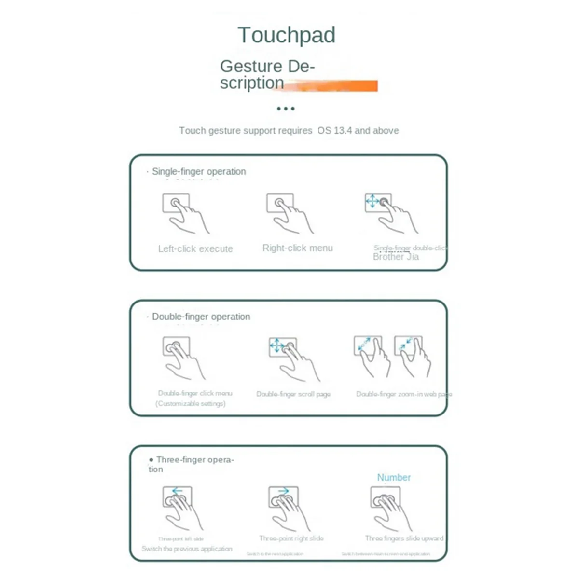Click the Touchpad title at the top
[286, 35]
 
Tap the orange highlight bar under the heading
[338, 86]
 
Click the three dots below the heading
[286, 109]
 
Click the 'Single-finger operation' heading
[199, 171]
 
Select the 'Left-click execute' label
[195, 249]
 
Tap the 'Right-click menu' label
[298, 248]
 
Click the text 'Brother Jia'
[396, 257]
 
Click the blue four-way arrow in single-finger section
[372, 201]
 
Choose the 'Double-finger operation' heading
[201, 317]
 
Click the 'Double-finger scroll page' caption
[293, 394]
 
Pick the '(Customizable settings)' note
[191, 403]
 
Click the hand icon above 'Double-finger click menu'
[181, 357]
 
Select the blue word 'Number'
[394, 477]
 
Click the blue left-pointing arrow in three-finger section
[178, 491]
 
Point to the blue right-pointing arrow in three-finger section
[283, 491]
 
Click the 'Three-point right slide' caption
[291, 538]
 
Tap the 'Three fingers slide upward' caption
[404, 538]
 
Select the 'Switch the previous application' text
[187, 549]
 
